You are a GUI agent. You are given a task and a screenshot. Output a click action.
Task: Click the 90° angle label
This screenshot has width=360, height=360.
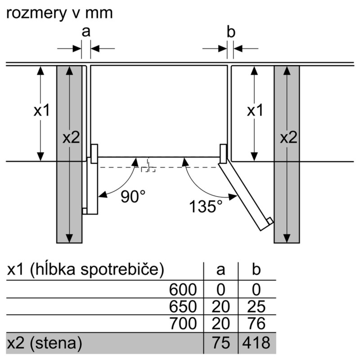click(133, 196)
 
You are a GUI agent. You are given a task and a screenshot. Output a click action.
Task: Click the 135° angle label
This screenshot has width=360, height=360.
click(206, 206)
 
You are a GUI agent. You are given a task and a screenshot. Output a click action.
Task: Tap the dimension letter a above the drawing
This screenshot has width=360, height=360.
click(86, 31)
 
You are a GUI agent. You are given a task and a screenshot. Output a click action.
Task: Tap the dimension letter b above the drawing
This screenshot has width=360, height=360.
click(231, 31)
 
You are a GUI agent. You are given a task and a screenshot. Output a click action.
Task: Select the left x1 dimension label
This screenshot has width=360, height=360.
click(42, 110)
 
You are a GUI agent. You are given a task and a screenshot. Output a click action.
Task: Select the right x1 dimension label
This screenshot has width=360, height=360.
click(255, 110)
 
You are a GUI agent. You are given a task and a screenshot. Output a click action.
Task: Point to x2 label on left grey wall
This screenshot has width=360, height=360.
click(71, 138)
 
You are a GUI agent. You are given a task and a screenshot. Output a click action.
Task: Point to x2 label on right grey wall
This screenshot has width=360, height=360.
click(288, 138)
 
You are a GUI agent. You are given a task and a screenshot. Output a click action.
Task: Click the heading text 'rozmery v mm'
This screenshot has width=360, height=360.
click(59, 13)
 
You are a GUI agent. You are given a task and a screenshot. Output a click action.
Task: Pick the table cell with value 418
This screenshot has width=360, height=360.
click(256, 342)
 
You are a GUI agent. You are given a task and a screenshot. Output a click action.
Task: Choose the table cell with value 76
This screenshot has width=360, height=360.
click(256, 323)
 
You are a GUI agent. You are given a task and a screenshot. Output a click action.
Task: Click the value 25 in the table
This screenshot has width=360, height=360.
click(256, 306)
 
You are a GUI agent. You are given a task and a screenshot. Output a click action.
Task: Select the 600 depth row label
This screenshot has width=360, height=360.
click(183, 289)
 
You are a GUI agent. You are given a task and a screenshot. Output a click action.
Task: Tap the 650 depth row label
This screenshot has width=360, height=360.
click(183, 306)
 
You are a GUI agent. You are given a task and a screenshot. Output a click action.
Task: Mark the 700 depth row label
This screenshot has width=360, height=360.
click(183, 323)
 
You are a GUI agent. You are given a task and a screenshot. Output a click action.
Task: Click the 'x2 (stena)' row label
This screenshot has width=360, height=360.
click(45, 343)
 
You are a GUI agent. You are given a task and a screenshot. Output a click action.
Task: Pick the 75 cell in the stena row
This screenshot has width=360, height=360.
click(221, 342)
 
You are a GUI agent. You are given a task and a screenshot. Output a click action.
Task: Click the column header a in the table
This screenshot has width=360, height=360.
click(220, 270)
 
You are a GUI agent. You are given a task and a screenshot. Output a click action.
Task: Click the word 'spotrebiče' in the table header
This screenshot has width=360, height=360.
click(122, 269)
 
